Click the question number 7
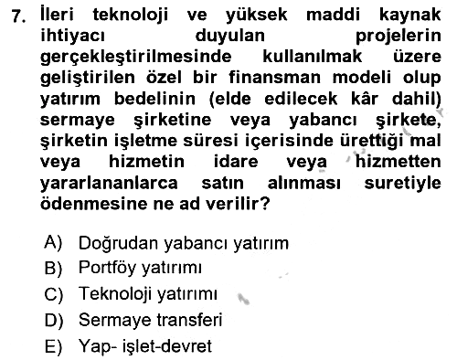(x=18, y=16)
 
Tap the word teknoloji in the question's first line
(x=130, y=16)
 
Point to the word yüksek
(x=256, y=15)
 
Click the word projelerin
(x=399, y=37)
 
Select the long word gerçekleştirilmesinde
(x=136, y=58)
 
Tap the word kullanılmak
(x=313, y=57)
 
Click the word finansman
(x=275, y=77)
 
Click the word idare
(x=236, y=161)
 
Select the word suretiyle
(x=402, y=184)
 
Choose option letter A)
(x=53, y=242)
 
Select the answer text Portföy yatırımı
(x=140, y=269)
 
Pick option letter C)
(x=54, y=294)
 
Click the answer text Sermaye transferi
(x=150, y=320)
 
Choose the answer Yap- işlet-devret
(x=145, y=346)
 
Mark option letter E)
(x=53, y=346)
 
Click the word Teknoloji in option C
(x=115, y=294)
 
